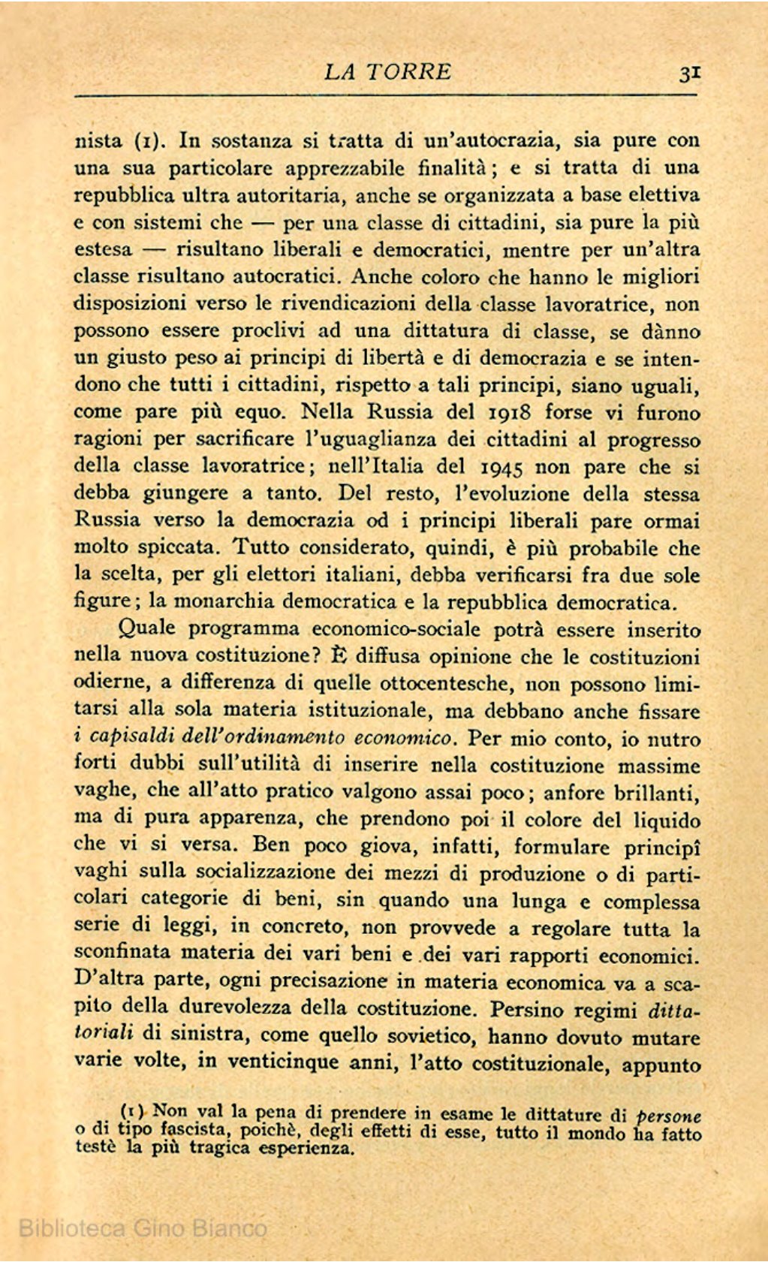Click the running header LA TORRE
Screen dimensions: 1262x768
point(387,72)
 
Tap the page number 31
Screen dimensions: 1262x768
point(689,73)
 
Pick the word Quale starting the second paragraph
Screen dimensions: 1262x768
point(146,628)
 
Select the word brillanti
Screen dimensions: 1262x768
point(657,793)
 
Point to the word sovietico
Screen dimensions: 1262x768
point(434,1036)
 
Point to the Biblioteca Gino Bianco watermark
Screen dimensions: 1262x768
point(143,1228)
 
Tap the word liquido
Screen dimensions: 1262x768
point(663,820)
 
